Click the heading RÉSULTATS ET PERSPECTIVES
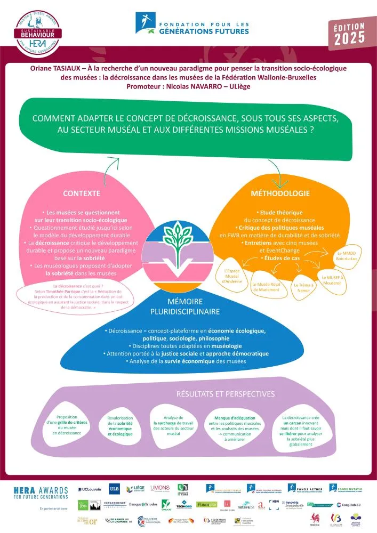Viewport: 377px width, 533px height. [x=226, y=394]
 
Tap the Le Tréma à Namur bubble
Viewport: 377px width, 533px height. [x=305, y=287]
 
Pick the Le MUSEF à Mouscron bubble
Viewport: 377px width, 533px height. [x=335, y=280]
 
